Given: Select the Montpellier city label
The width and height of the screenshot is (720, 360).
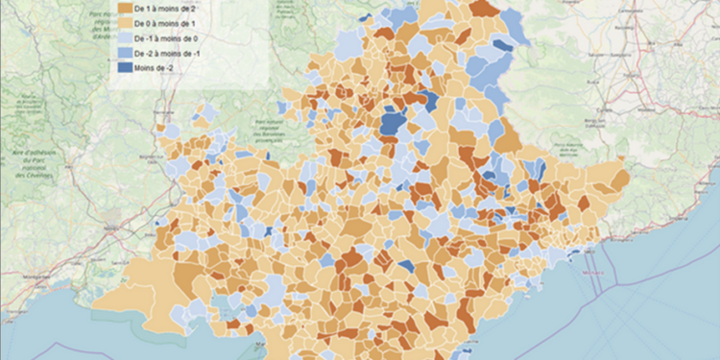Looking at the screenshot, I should (19, 278).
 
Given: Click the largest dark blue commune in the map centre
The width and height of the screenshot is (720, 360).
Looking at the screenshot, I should (393, 124).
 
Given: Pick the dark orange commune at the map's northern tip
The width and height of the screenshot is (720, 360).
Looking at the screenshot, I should (483, 9).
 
